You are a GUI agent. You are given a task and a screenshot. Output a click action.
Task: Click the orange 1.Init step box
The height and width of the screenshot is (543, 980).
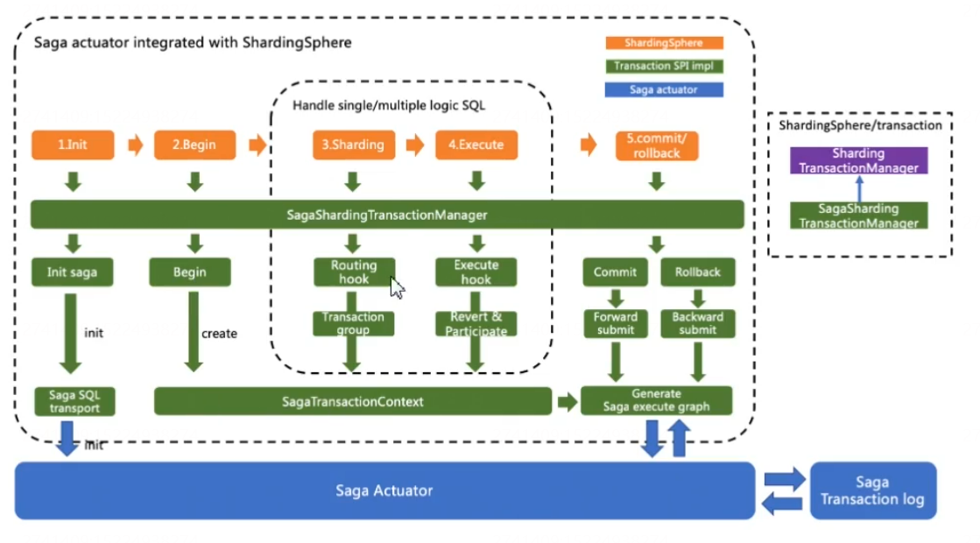click(73, 145)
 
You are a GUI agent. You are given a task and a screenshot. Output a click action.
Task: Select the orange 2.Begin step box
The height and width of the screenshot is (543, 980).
click(194, 145)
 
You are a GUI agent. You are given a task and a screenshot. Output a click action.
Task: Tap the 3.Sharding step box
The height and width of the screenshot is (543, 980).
click(353, 145)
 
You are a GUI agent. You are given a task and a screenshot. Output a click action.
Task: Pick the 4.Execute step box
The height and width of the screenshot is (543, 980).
click(476, 145)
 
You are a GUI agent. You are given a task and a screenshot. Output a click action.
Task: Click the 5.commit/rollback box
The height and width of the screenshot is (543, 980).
click(656, 145)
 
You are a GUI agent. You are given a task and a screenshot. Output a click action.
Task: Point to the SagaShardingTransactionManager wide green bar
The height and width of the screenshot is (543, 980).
click(387, 215)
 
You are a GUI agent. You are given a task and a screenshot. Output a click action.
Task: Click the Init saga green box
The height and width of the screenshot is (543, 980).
click(73, 271)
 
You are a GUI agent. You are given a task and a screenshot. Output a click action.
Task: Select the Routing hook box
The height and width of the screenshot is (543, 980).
click(354, 271)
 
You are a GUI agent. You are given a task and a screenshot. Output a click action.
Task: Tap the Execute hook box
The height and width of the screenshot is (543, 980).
click(476, 271)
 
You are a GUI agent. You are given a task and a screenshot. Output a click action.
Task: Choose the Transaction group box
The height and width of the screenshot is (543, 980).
click(353, 323)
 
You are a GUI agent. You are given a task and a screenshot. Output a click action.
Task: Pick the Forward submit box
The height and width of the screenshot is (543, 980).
click(615, 323)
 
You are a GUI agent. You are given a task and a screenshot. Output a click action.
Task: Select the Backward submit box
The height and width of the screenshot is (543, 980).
click(697, 323)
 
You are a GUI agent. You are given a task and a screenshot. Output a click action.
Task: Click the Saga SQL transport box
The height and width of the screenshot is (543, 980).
click(74, 401)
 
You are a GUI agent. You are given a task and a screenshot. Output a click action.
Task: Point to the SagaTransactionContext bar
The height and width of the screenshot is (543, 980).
click(353, 401)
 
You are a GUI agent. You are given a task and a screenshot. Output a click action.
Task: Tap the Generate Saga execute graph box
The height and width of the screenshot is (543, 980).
click(656, 400)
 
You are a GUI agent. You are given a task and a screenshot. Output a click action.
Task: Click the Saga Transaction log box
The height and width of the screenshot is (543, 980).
click(872, 490)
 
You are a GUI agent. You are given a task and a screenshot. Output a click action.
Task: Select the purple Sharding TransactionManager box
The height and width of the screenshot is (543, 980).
click(858, 160)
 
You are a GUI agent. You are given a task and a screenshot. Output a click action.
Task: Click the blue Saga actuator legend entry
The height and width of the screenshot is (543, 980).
click(663, 89)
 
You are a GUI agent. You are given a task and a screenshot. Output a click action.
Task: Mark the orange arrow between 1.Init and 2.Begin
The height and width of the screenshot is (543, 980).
click(135, 145)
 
